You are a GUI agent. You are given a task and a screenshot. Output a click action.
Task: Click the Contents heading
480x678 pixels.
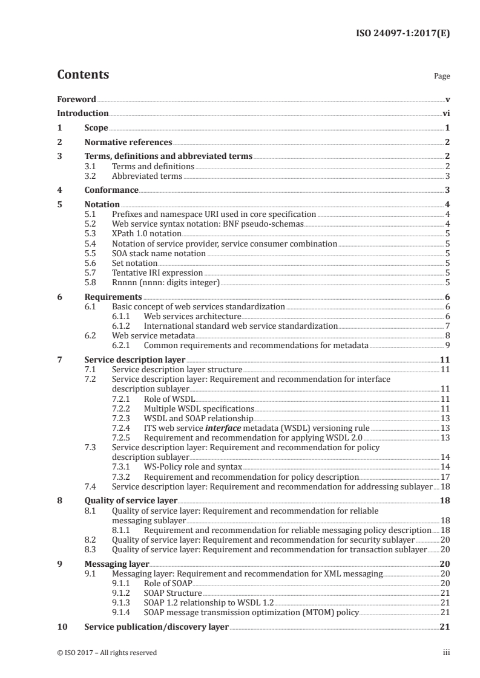(x=83, y=75)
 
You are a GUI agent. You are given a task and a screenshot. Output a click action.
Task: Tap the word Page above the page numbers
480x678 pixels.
(x=442, y=77)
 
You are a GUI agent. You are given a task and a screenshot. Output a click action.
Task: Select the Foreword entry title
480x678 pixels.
(x=76, y=99)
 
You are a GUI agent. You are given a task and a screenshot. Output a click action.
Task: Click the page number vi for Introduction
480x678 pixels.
(x=445, y=113)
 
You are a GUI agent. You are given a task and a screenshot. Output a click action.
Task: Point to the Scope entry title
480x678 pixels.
(x=96, y=128)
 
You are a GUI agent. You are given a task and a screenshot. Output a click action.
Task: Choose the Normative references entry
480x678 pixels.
(x=128, y=142)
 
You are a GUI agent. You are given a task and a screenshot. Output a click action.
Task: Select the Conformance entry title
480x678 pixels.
(x=111, y=190)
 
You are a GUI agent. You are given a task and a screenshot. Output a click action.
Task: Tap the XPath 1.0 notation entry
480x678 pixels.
(x=146, y=233)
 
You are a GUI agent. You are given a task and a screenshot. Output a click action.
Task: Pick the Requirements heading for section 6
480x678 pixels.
(x=113, y=297)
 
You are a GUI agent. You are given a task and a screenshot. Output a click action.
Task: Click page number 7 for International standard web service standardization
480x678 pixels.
(x=447, y=326)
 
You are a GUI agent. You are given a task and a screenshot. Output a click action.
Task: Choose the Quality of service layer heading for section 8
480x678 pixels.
(x=131, y=500)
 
